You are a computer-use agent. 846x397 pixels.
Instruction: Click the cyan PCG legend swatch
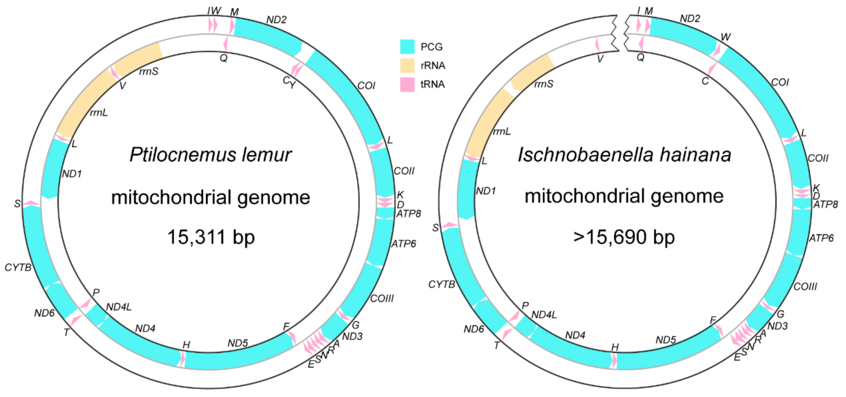[407, 46]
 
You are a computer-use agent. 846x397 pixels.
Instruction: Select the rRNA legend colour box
[407, 65]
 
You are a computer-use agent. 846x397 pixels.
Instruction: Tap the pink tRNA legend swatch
[407, 84]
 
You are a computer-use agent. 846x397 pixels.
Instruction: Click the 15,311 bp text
[211, 237]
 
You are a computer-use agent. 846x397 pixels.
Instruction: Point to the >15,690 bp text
[624, 237]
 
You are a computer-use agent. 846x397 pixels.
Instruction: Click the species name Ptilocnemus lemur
[211, 155]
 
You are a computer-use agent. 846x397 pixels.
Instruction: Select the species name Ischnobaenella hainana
[624, 155]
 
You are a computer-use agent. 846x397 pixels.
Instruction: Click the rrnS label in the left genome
[149, 71]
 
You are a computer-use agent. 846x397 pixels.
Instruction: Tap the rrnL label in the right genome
[502, 132]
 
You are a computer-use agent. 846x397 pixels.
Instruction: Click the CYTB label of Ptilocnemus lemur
[18, 268]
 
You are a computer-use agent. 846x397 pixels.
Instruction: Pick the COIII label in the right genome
[805, 287]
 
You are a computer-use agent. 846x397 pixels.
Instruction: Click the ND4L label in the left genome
[119, 307]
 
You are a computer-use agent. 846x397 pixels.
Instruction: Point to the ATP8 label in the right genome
[825, 205]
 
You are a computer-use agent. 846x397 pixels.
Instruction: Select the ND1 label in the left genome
[72, 174]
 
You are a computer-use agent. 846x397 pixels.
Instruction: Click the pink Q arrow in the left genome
[226, 44]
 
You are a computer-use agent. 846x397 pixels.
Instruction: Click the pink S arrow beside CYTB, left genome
[31, 203]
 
